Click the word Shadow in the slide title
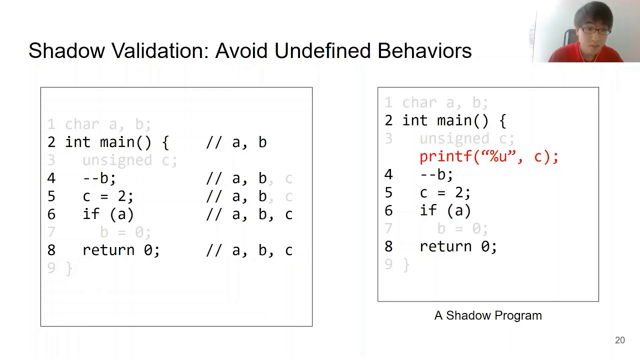pos(67,51)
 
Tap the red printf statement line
pos(488,156)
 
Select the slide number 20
pos(619,340)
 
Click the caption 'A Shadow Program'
pos(487,315)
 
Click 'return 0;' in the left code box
pos(121,250)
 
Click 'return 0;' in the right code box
pos(458,246)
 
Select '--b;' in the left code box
pos(99,178)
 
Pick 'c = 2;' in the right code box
pos(445,192)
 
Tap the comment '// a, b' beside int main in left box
pos(236,142)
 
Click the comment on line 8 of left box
pos(249,250)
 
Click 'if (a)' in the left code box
pos(108,214)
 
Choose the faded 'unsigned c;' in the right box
pos(466,138)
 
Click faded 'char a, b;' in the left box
pos(108,124)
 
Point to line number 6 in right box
pos(388,211)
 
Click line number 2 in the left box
pos(51,142)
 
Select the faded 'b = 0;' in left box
pos(125,232)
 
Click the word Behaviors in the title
pos(424,51)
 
